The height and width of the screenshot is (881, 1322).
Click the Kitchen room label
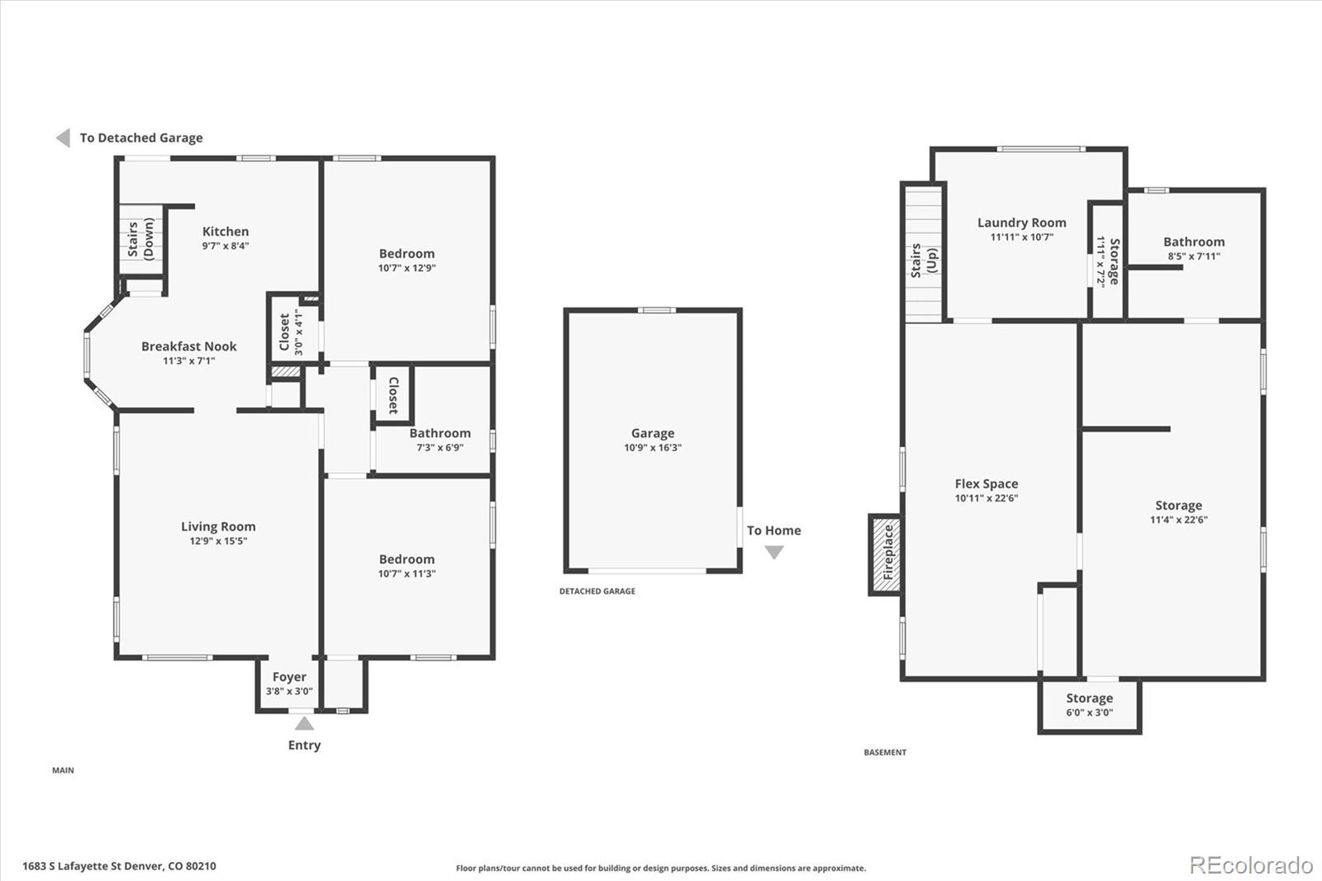pos(226,231)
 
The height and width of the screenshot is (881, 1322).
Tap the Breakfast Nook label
pos(189,346)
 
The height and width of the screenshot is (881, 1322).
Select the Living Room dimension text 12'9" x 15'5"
pos(218,541)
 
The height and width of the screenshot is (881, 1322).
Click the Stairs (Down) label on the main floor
pos(140,239)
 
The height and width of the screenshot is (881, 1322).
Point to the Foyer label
pos(289,677)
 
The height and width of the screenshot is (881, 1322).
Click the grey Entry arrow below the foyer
pos(304,723)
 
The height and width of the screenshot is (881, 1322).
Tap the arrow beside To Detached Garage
pos(64,137)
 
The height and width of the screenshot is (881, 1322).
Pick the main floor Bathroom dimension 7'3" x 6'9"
pos(440,448)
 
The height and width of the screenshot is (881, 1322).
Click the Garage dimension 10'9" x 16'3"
pos(653,448)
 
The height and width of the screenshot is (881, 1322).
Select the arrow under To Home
pos(774,552)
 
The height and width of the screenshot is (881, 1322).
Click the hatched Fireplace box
pos(886,555)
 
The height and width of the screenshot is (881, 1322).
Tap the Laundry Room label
pos(1021,222)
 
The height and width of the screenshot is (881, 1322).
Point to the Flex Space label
pos(987,483)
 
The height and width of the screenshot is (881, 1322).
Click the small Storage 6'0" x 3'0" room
pos(1090,707)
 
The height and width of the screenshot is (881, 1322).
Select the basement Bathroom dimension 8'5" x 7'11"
pos(1194,256)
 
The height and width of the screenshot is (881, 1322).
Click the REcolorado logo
pos(1251,865)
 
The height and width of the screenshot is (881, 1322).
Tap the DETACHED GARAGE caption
pos(597,591)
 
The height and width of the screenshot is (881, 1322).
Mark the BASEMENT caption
pos(885,752)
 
